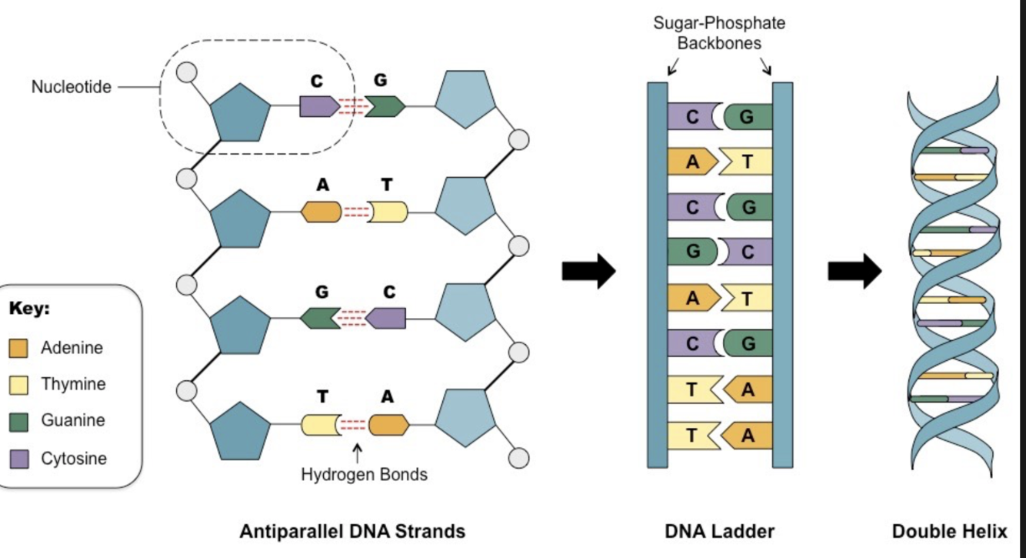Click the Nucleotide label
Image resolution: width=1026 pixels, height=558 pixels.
point(71,87)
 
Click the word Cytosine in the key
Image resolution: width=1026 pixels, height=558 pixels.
point(74,459)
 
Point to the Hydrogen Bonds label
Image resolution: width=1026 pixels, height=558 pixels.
point(364,474)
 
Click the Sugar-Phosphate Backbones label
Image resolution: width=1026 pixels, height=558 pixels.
point(719,33)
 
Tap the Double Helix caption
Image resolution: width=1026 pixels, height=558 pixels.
point(949,531)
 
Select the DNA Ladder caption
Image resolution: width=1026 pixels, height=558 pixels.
point(719,531)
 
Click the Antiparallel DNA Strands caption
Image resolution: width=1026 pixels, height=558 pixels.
point(352,531)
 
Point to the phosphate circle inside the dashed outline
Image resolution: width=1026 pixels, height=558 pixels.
point(186,73)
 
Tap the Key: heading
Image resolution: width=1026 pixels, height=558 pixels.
point(29,309)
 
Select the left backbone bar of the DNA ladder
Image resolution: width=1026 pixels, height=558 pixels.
point(657,275)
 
